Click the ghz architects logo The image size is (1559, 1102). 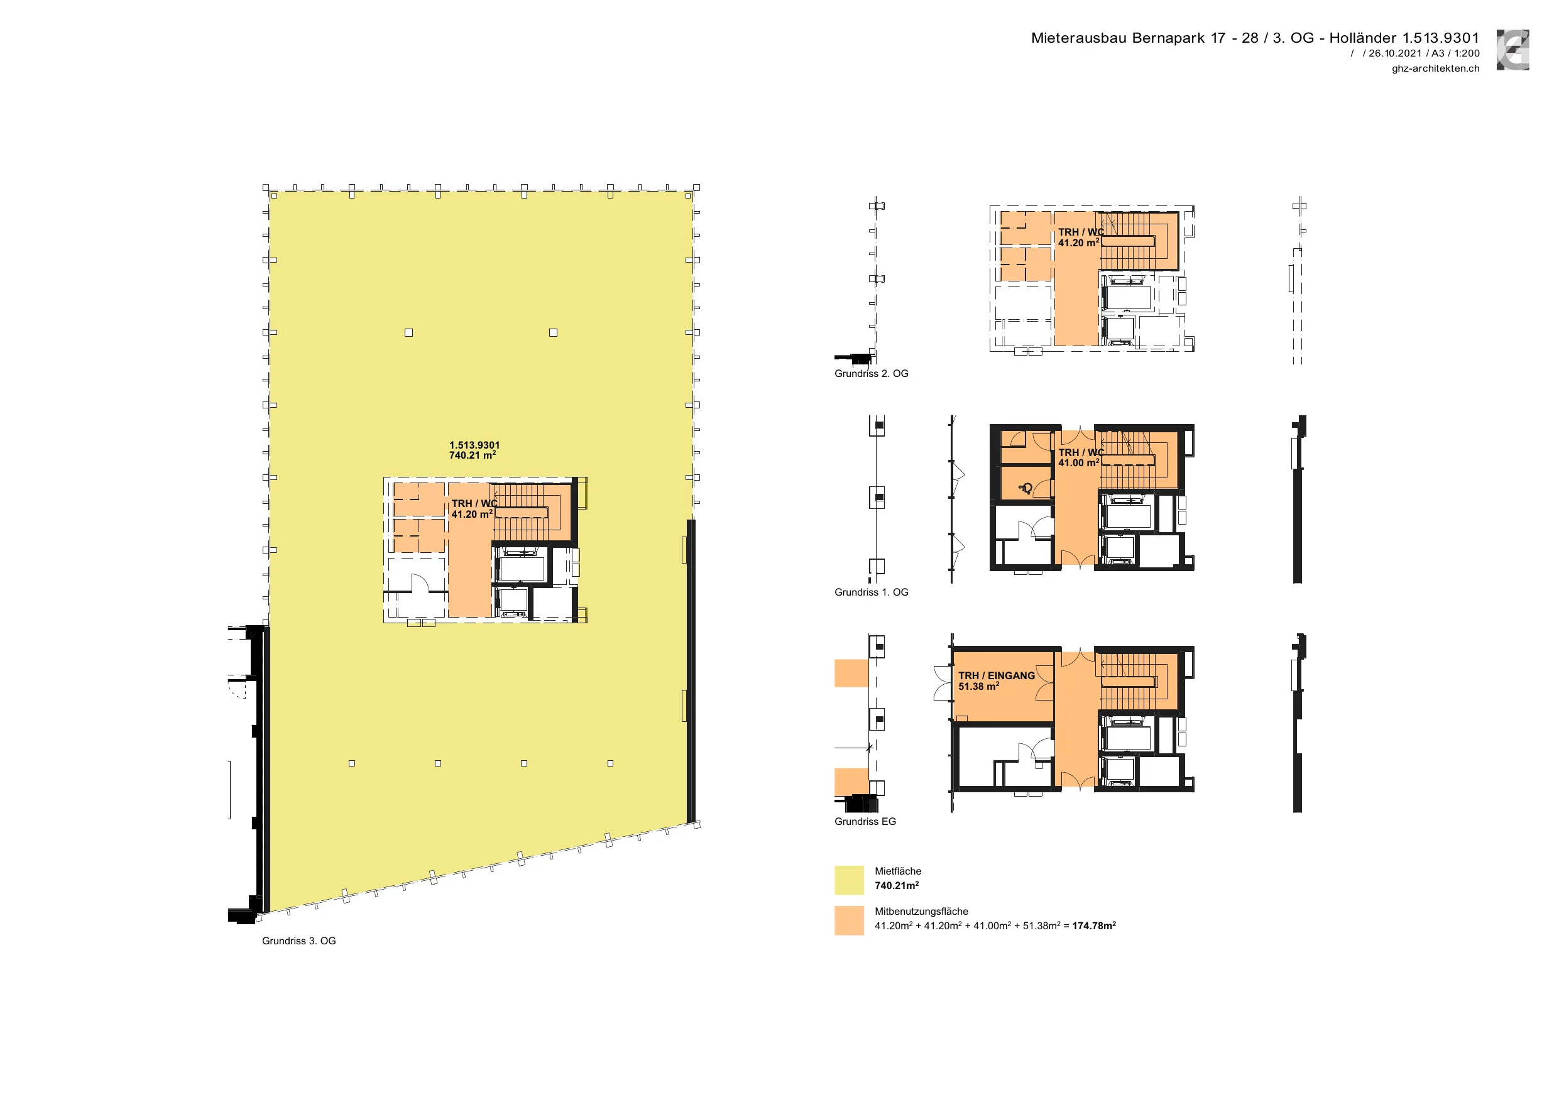[x=1513, y=50]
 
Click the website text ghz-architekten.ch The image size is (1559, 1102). [x=1435, y=68]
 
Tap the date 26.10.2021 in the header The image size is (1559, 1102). [x=1395, y=53]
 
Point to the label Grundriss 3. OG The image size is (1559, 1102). [x=298, y=941]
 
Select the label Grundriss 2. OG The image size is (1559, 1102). [x=871, y=373]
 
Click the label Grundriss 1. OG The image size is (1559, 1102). [x=871, y=592]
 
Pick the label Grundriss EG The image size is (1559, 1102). [x=865, y=822]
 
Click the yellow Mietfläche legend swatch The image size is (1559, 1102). [x=849, y=880]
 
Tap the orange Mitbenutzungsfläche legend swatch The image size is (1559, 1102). [x=849, y=920]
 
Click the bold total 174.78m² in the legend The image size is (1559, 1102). [x=1094, y=925]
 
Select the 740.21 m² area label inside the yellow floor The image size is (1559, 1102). [x=473, y=455]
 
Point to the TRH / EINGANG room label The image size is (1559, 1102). [x=997, y=675]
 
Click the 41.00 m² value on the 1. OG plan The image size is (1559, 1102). [x=1079, y=462]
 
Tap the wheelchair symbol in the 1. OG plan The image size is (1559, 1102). [x=1026, y=488]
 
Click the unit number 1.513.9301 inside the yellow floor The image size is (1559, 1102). [x=474, y=445]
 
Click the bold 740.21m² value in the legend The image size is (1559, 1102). [x=897, y=885]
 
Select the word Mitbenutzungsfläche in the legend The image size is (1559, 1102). [x=921, y=911]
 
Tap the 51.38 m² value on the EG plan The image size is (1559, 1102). [x=979, y=687]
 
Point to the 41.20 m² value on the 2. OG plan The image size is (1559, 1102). [x=1079, y=243]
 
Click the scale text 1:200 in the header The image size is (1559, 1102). [x=1467, y=53]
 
